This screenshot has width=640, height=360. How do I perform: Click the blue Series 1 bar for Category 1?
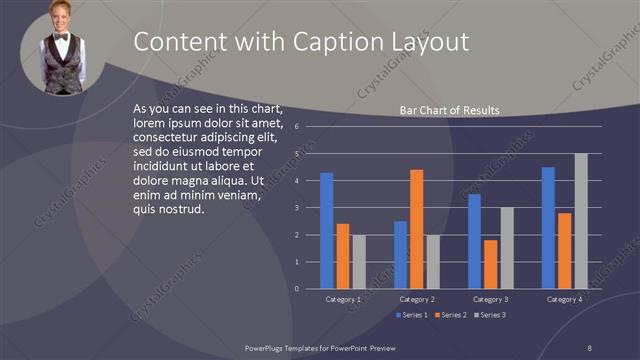click(x=326, y=231)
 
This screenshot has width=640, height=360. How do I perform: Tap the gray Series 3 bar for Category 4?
click(x=581, y=221)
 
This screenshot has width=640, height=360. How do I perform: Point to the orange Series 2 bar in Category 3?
click(x=490, y=264)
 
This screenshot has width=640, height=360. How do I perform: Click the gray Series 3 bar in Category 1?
click(x=358, y=262)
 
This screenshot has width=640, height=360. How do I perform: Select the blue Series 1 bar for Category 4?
click(x=548, y=228)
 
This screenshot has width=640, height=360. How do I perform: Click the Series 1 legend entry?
click(x=411, y=315)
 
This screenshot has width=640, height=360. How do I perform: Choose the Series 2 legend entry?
click(x=449, y=315)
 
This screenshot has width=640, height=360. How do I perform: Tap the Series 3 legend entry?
click(x=487, y=315)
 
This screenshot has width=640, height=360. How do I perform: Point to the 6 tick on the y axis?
click(x=297, y=127)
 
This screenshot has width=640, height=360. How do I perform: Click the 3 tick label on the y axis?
click(x=297, y=208)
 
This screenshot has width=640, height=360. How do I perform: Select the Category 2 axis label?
click(x=416, y=299)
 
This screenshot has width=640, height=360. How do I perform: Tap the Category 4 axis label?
click(x=565, y=299)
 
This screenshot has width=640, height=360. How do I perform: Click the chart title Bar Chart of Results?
click(x=449, y=110)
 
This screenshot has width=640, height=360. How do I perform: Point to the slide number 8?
click(x=590, y=346)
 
